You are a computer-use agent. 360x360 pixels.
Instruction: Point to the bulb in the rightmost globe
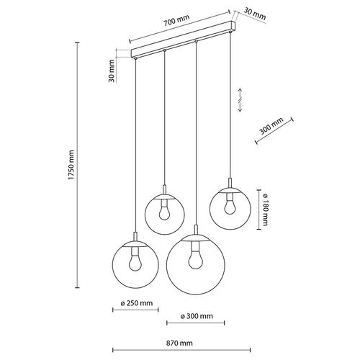coord(230,205)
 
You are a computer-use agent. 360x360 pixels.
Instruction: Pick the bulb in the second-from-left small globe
coord(165,211)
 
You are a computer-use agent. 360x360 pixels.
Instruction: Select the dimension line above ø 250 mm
coord(134,310)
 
